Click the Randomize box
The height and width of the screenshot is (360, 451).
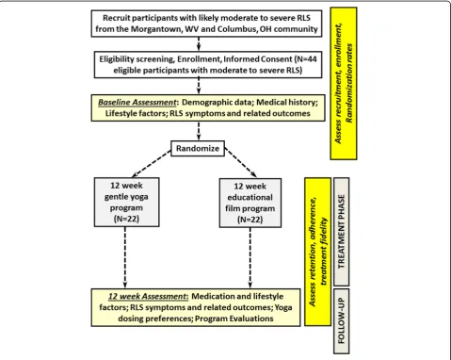(x=198, y=148)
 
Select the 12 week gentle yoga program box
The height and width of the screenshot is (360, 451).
(x=126, y=202)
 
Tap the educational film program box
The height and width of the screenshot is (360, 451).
(x=250, y=203)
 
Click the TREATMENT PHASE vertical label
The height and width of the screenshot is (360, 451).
(x=342, y=232)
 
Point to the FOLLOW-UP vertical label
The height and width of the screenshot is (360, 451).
(x=342, y=321)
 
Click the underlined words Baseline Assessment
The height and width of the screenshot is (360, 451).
(x=137, y=103)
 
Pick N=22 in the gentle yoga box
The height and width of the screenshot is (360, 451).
(x=126, y=219)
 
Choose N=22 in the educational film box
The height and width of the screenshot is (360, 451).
(x=250, y=220)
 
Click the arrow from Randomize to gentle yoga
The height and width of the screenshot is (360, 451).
(x=152, y=163)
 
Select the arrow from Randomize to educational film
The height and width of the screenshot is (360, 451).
(x=241, y=163)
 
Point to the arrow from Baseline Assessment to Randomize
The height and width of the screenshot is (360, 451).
(x=199, y=131)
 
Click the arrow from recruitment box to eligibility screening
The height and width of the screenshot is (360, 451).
(x=199, y=44)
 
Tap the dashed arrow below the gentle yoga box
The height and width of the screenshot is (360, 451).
(x=125, y=257)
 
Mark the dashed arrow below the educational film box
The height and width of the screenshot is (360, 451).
(x=250, y=257)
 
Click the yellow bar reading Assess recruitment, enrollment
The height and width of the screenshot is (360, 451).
(x=344, y=83)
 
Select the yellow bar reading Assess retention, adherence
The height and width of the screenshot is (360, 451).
(x=317, y=252)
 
